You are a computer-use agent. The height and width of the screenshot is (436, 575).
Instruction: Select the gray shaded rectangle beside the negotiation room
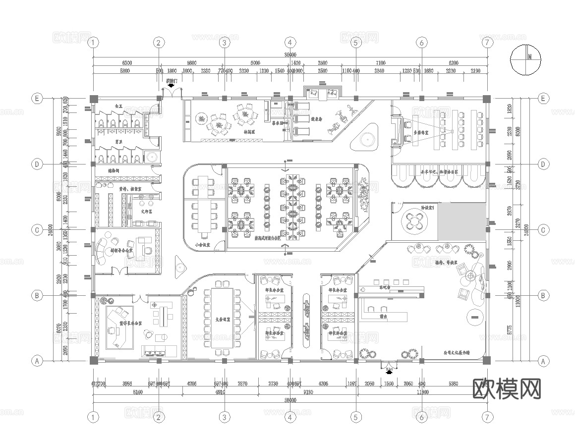click(462, 221)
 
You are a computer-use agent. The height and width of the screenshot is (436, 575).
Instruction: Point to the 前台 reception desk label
click(383, 315)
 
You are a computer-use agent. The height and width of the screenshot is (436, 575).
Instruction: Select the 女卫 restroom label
click(118, 106)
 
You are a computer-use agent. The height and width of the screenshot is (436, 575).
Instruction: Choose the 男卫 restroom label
click(118, 142)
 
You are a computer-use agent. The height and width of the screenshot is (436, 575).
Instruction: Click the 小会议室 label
click(202, 244)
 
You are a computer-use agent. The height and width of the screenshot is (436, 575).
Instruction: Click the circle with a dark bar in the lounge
click(474, 316)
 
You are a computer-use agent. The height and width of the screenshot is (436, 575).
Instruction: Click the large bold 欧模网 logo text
click(506, 389)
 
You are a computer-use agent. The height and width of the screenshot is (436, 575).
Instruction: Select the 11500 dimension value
click(422, 392)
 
